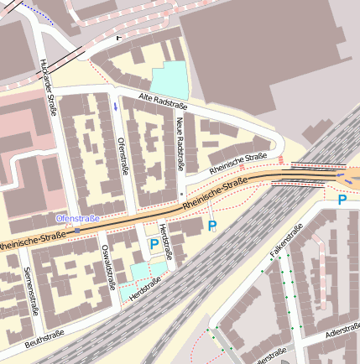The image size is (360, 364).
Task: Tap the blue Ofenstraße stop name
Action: (77, 218)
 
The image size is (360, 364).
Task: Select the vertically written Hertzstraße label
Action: (167, 242)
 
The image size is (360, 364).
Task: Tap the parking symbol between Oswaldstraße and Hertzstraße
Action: (154, 243)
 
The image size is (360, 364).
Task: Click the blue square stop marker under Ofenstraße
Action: (77, 229)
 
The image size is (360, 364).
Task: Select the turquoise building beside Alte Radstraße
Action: (169, 79)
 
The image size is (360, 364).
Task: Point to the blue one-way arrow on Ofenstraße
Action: (115, 107)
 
